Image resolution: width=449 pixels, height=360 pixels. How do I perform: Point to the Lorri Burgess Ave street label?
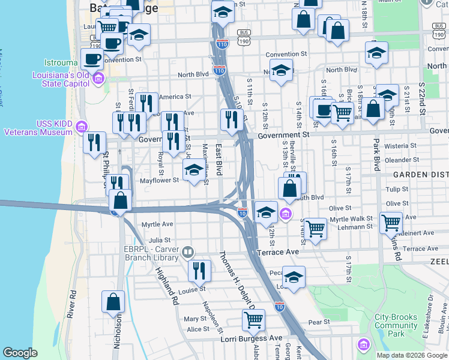(x=218, y=339)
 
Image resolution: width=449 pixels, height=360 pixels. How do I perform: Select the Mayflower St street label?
(x=159, y=180)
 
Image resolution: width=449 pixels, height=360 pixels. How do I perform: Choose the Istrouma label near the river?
(x=61, y=62)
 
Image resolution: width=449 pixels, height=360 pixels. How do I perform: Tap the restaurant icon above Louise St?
(x=199, y=271)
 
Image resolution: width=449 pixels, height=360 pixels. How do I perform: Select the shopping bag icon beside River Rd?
(x=113, y=302)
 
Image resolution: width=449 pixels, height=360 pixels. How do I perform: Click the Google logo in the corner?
(x=20, y=353)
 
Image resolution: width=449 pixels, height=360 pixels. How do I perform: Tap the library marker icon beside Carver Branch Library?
(x=188, y=252)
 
